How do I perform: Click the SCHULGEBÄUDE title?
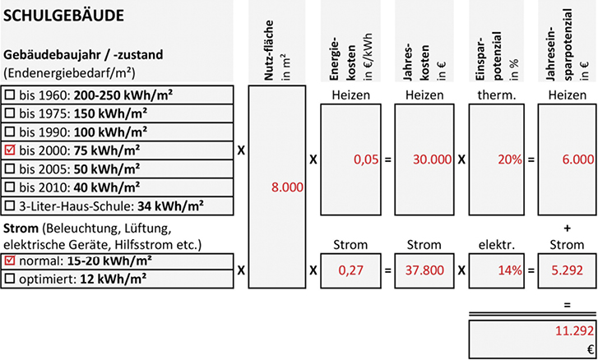63,16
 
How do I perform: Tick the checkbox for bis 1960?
10,95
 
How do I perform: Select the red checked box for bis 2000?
10,150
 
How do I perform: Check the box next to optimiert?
10,279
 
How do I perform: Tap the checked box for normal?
10,261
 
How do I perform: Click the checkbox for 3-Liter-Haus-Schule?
10,206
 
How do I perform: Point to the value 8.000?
287,187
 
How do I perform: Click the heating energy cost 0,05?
366,160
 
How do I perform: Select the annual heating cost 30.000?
432,160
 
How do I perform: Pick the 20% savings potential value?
509,160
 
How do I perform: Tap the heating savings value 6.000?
577,160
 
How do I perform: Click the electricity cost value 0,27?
350,270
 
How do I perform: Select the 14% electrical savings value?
509,270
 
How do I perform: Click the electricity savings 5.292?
567,270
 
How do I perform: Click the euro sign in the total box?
591,349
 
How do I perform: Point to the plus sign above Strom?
567,228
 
